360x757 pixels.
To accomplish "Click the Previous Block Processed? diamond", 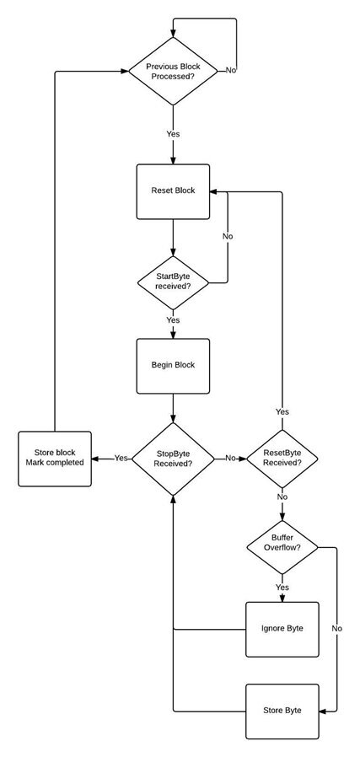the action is (173, 71).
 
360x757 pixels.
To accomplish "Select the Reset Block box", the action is (173, 191).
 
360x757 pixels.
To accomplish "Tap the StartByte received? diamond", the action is (173, 282).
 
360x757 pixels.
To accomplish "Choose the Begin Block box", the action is (173, 366).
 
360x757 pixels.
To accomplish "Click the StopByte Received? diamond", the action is (173, 459).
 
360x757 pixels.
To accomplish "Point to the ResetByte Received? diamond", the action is (282, 459).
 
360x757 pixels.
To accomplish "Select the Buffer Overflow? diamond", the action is (282, 547).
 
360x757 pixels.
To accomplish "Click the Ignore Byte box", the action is (282, 629).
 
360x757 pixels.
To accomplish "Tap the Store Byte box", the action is (282, 711).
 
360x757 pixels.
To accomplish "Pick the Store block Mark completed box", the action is (55, 459).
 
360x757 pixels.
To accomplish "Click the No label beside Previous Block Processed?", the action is (231, 71).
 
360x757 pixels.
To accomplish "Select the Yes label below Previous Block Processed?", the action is (173, 134).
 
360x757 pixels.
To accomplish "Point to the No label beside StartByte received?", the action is (228, 237).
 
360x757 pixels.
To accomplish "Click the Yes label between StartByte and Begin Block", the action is (173, 320).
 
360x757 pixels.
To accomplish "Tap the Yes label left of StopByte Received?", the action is (121, 458).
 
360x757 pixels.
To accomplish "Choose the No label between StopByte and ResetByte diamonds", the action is (230, 458).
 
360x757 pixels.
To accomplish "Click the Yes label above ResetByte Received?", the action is (282, 412).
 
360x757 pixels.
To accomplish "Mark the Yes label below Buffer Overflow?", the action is (282, 588).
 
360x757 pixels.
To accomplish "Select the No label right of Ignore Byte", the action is (337, 629).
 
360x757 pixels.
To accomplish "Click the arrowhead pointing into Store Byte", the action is (322, 711).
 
